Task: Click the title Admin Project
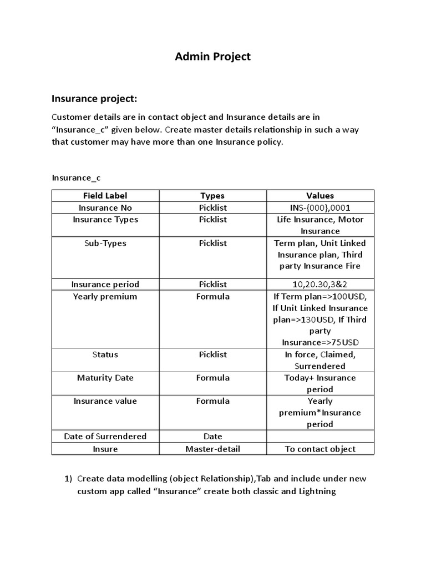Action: pyautogui.click(x=213, y=57)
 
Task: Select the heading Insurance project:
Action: pyautogui.click(x=94, y=99)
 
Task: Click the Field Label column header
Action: pyautogui.click(x=105, y=195)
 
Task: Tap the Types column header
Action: pyautogui.click(x=212, y=195)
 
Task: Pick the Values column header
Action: pyautogui.click(x=320, y=195)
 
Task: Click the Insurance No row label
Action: pyautogui.click(x=105, y=207)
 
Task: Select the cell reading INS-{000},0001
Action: pyautogui.click(x=320, y=207)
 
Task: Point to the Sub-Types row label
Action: pyautogui.click(x=105, y=243)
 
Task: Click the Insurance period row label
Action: pyautogui.click(x=105, y=284)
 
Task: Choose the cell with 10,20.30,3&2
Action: pyautogui.click(x=320, y=284)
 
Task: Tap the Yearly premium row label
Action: pyautogui.click(x=105, y=296)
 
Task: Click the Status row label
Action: pyautogui.click(x=105, y=354)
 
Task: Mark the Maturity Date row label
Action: pyautogui.click(x=105, y=378)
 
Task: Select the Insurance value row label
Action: pyautogui.click(x=105, y=401)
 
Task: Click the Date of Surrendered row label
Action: pyautogui.click(x=105, y=436)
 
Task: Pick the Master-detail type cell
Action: pyautogui.click(x=212, y=449)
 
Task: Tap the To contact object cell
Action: pyautogui.click(x=320, y=449)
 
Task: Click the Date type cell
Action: pyautogui.click(x=212, y=436)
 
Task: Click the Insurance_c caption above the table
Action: pyautogui.click(x=77, y=177)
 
